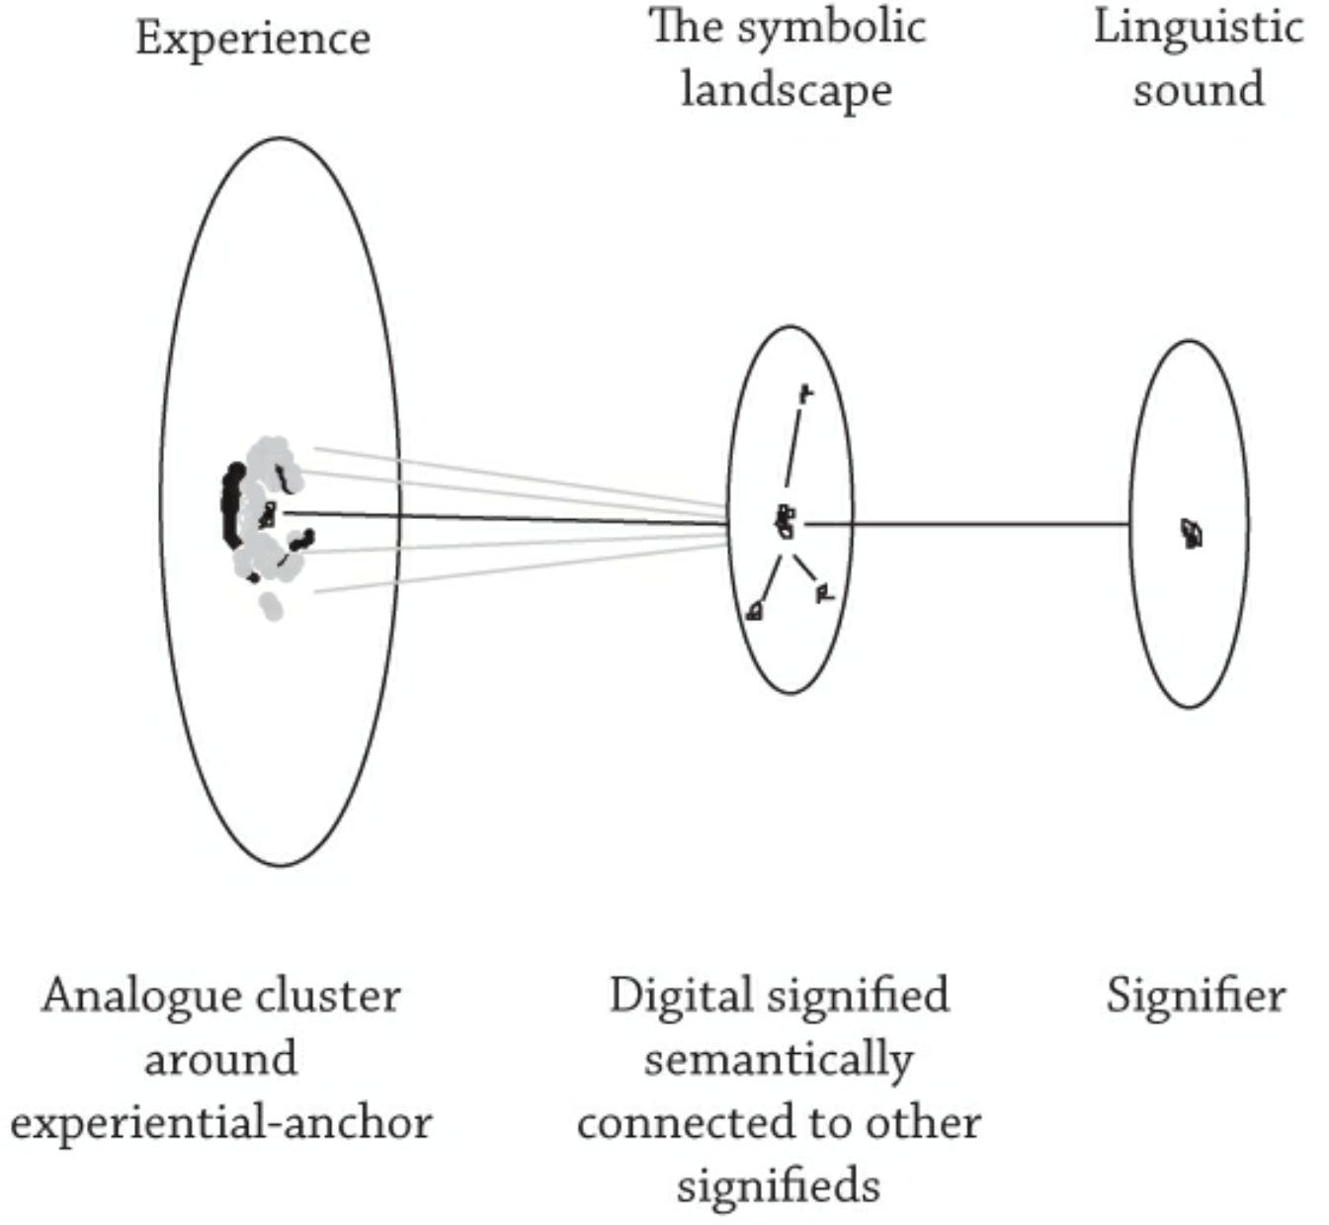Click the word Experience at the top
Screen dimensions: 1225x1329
(253, 40)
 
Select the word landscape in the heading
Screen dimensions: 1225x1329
(786, 90)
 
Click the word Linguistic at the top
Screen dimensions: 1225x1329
(1198, 28)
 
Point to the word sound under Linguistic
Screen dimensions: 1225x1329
(1198, 90)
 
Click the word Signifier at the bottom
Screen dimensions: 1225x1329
(1196, 996)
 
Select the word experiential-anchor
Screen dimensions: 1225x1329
(221, 1123)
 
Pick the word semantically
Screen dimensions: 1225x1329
(779, 1060)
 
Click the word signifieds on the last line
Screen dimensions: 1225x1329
(779, 1185)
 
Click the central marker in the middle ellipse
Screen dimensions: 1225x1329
(786, 522)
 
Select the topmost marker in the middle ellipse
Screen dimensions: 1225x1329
(805, 394)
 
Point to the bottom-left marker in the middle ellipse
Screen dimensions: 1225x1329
(755, 611)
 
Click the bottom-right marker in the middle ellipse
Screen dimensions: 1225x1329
(824, 593)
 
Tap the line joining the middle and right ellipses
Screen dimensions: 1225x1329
(968, 524)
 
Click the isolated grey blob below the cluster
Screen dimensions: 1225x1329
(271, 605)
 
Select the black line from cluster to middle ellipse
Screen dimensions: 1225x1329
(494, 518)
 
